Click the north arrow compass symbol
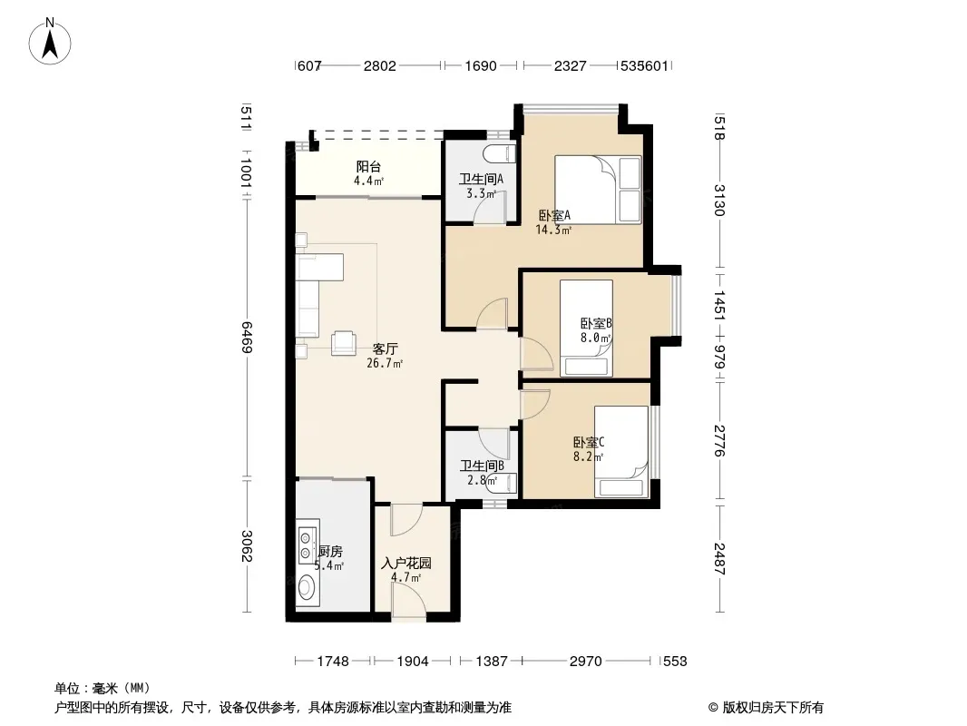pos(50,41)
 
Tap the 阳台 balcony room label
pos(369,167)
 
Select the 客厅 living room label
pos(385,348)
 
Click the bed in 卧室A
pos(598,190)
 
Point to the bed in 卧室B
pos(587,329)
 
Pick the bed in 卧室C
pos(621,452)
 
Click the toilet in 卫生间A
pos(500,153)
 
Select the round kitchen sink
pos(307,587)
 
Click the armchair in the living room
pos(344,343)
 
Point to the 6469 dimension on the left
pos(247,337)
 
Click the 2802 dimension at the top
pos(380,65)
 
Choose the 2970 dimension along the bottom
pos(586,662)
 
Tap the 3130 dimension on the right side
pos(719,201)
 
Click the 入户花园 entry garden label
pos(406,564)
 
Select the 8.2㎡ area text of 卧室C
pos(588,457)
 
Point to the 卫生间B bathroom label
pos(482,466)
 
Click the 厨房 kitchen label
pos(330,552)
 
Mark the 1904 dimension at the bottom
pos(413,662)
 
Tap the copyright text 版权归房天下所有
pos(773,708)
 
